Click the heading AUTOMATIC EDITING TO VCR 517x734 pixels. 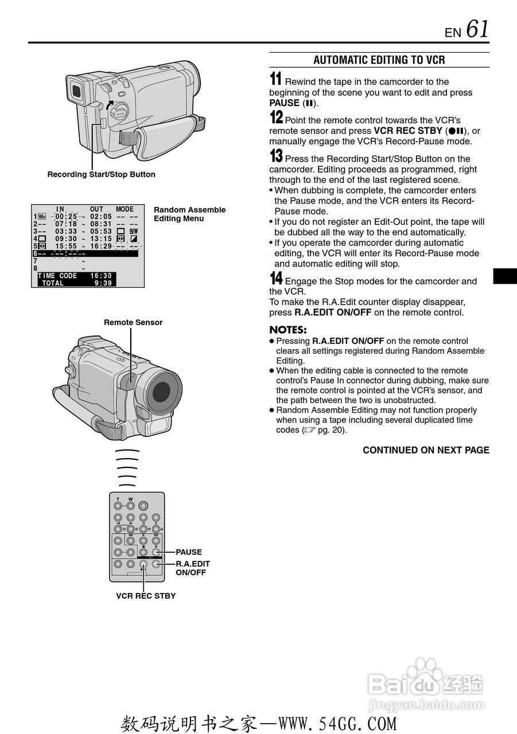tap(379, 60)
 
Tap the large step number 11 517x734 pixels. tap(275, 80)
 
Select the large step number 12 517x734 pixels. tap(276, 118)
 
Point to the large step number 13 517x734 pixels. tap(276, 157)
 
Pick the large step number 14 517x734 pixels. tap(276, 279)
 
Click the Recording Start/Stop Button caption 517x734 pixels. tap(101, 174)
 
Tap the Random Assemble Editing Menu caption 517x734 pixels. tap(189, 214)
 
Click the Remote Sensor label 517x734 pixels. tap(133, 322)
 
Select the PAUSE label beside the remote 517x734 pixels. tap(189, 552)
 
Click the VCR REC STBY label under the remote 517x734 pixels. tap(146, 596)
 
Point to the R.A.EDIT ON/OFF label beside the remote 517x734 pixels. tap(192, 568)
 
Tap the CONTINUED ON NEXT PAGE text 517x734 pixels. tap(426, 450)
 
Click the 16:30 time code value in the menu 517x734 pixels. tap(101, 276)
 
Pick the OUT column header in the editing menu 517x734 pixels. tap(97, 209)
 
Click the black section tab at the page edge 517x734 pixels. tap(505, 276)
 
